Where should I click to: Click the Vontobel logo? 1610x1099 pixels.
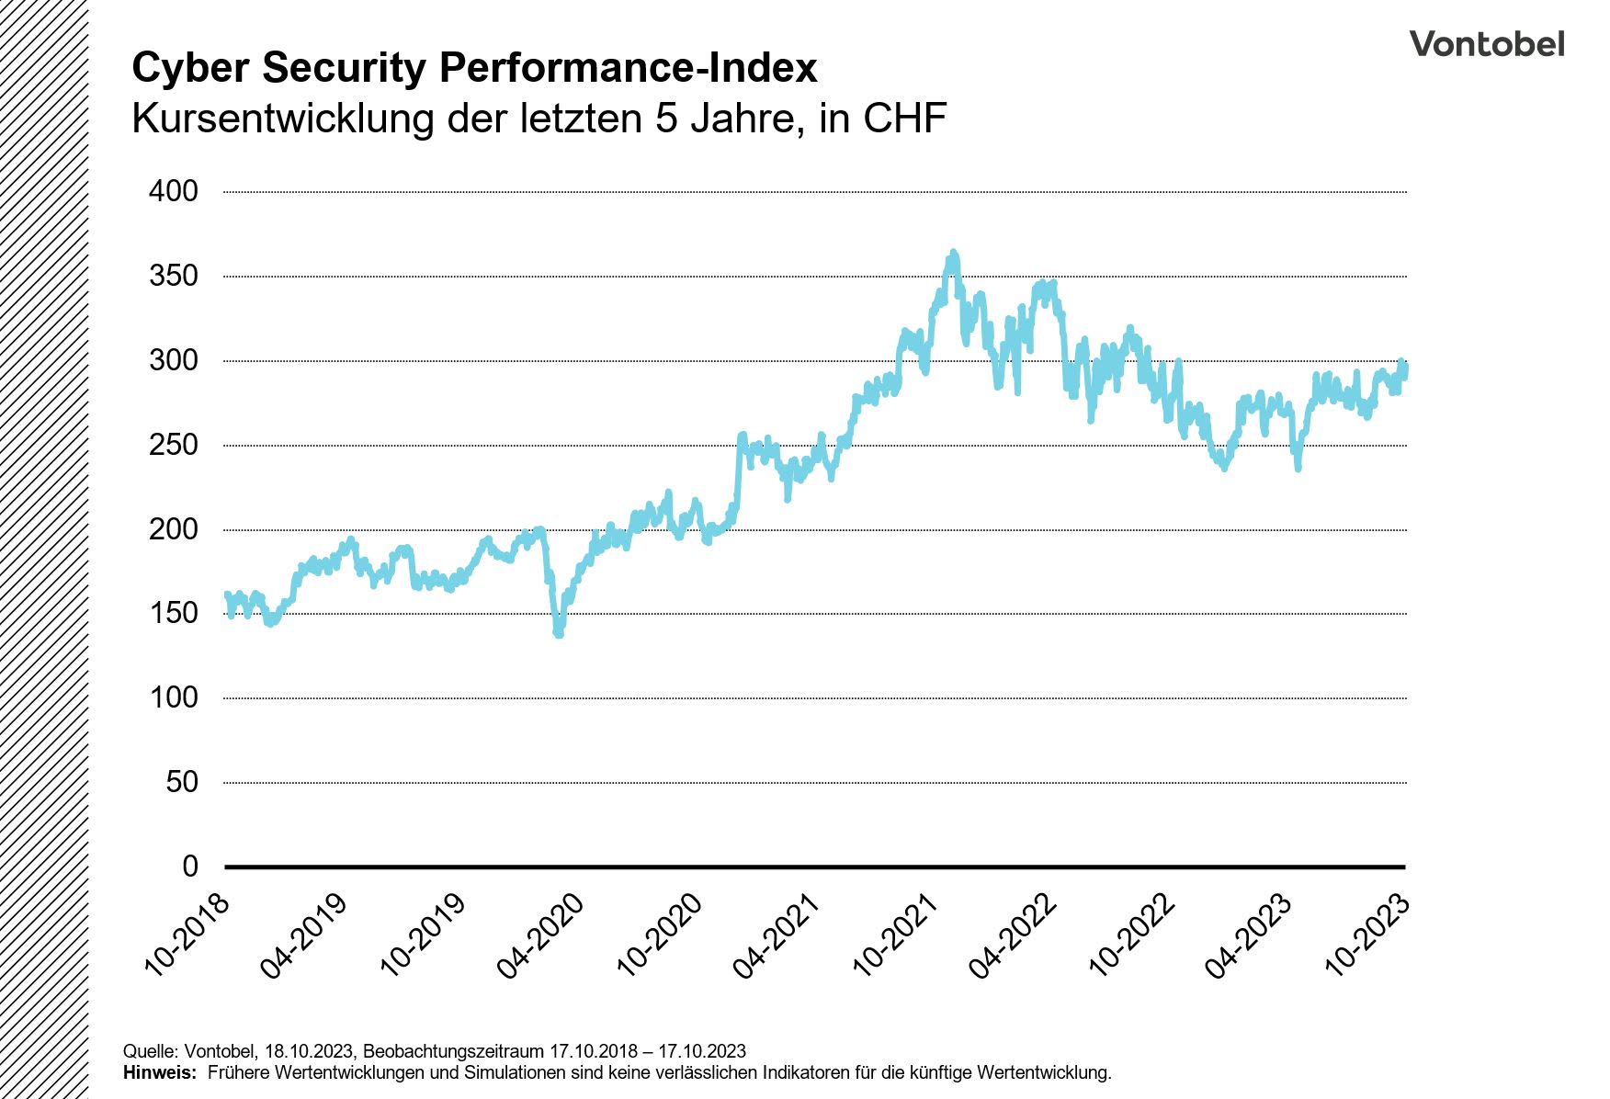[1486, 44]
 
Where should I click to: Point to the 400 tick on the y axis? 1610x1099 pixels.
[174, 191]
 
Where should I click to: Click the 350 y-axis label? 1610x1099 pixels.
[174, 276]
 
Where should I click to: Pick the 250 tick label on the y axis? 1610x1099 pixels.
[174, 445]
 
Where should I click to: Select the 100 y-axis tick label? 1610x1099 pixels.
[174, 697]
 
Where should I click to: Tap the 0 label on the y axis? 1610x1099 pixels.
[189, 866]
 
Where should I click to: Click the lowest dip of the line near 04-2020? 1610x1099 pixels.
[558, 633]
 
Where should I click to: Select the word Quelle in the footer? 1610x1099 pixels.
[150, 1051]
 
